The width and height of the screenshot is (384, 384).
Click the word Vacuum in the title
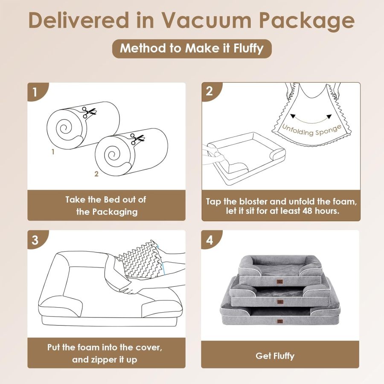(x=207, y=21)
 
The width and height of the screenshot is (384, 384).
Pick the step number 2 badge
(x=209, y=92)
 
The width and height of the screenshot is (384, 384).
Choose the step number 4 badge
(x=209, y=240)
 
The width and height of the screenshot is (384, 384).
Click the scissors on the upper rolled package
(x=90, y=112)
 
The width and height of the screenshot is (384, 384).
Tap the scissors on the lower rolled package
(x=137, y=139)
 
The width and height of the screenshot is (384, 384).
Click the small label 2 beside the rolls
(x=96, y=174)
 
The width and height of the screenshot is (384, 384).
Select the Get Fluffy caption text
(x=275, y=355)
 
